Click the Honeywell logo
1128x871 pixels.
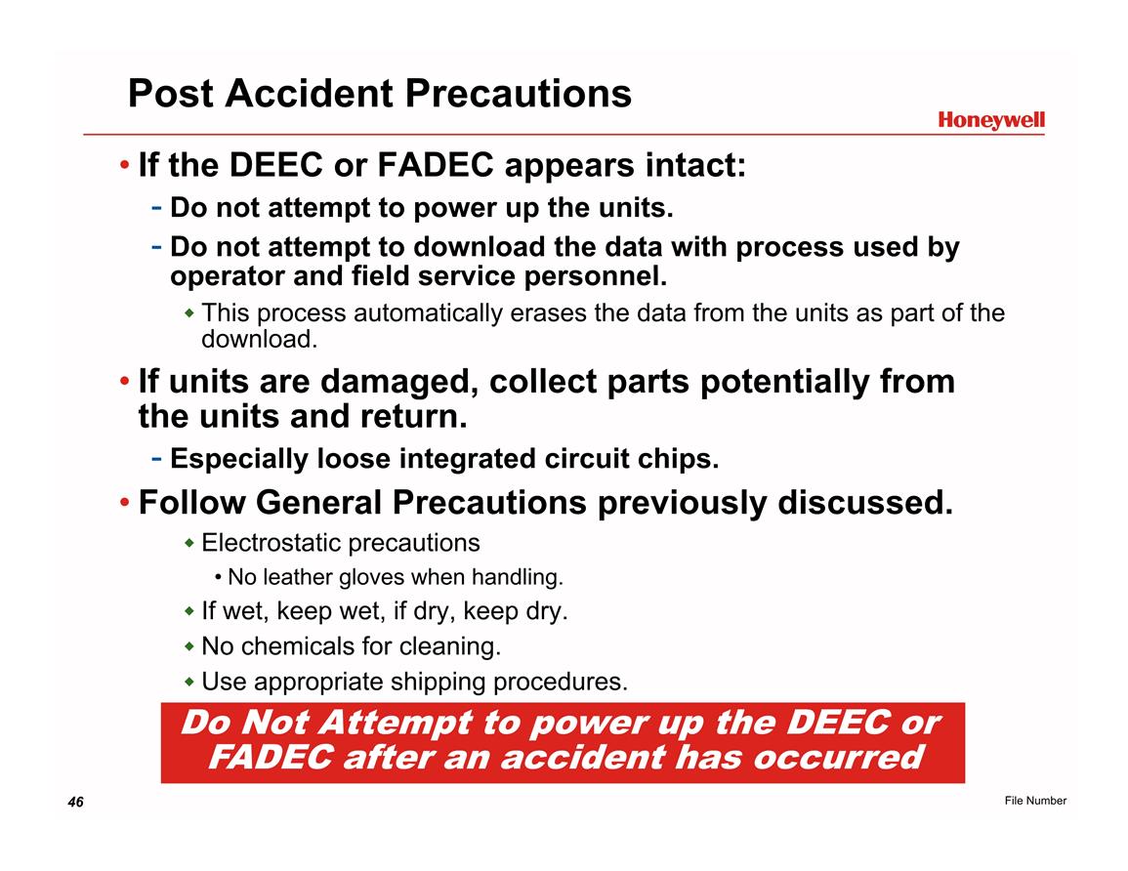990,121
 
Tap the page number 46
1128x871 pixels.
75,802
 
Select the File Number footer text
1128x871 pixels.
1035,801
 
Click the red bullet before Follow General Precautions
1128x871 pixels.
125,503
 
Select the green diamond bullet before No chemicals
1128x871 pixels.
189,646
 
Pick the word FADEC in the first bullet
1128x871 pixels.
435,165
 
